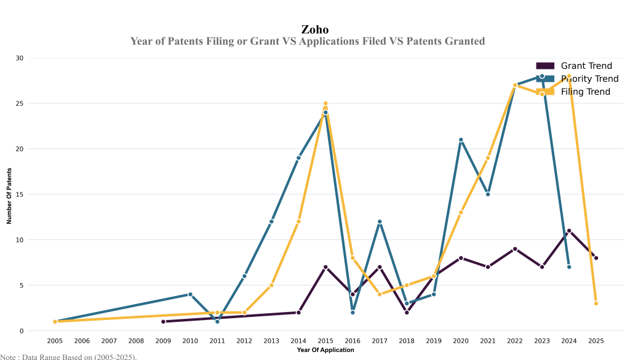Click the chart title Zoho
(314, 29)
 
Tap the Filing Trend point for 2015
(325, 103)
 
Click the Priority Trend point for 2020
(461, 140)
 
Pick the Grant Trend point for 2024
(569, 231)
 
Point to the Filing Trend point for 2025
(596, 303)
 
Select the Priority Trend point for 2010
(190, 294)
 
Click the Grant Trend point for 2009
(163, 321)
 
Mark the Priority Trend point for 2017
(380, 222)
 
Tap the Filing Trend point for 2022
(515, 85)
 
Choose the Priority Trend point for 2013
(271, 222)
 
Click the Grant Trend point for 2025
(596, 258)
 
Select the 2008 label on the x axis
(136, 340)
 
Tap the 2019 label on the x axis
(434, 340)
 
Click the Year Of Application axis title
(325, 350)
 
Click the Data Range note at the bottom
(68, 356)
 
